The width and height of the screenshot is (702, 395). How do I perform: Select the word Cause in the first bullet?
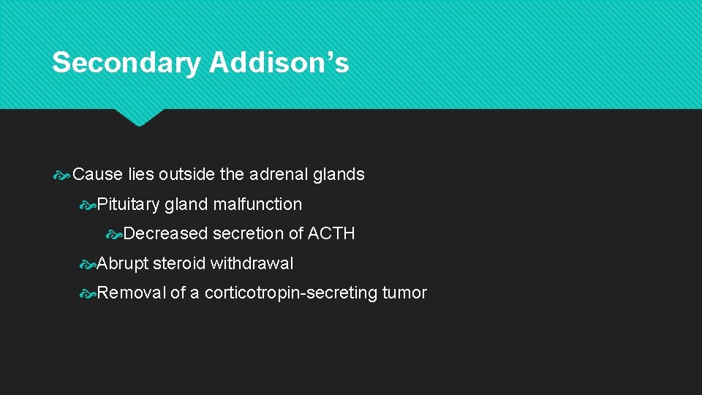pos(98,175)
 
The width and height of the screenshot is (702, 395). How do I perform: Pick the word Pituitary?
pos(128,205)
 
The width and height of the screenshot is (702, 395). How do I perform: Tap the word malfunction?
pos(257,204)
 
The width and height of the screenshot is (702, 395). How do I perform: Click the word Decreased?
pos(166,234)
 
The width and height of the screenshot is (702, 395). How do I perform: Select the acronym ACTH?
pos(331,234)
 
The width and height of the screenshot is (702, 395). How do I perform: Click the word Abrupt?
pos(123,263)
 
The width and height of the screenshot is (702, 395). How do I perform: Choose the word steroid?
pos(179,263)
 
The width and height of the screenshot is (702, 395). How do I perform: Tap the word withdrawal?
pos(252,263)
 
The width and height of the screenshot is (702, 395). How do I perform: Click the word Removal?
pos(132,293)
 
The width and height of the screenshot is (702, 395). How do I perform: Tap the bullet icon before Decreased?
pos(114,235)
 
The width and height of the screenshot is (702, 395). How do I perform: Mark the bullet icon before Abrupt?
pos(88,264)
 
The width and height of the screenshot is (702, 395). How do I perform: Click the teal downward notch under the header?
pos(139,117)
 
